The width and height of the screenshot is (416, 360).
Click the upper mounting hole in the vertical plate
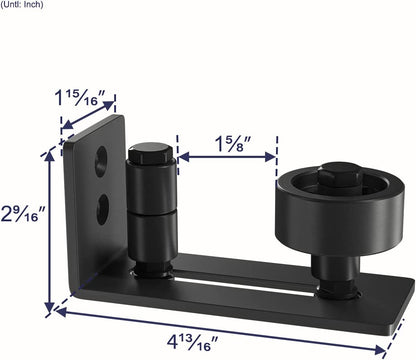pos(100,159)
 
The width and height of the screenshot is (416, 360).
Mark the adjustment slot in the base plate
pos(260,275)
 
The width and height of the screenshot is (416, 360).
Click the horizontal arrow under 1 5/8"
pos(228,157)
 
